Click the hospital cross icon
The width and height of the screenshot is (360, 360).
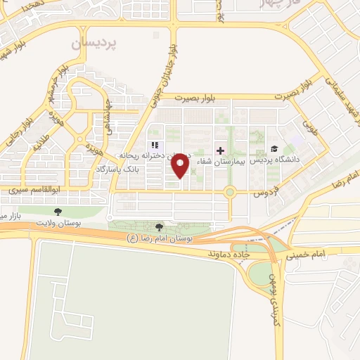pyautogui.click(x=220, y=150)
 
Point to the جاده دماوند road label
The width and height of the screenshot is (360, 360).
pyautogui.click(x=228, y=250)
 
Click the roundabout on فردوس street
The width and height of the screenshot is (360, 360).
pyautogui.click(x=229, y=191)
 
